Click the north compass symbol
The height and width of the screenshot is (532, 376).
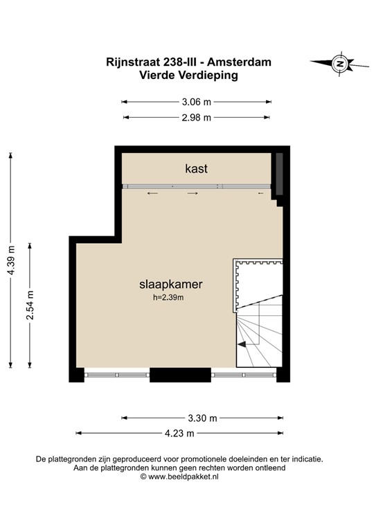point(339,64)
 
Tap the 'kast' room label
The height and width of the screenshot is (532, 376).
point(196,168)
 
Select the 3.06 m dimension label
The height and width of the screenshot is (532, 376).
point(196,101)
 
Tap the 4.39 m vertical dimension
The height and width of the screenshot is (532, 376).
point(10,260)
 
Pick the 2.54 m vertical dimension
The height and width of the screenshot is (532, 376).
point(30,305)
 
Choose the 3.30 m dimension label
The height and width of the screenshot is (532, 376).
point(202,418)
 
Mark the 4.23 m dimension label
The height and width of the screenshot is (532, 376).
point(179,433)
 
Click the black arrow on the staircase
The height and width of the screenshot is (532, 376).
point(243,343)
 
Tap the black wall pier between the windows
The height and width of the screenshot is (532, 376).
point(180,375)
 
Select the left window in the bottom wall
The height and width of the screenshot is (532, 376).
point(117,375)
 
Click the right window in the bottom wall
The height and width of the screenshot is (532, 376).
point(243,375)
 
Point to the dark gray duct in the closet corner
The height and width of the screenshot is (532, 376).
point(279,175)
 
